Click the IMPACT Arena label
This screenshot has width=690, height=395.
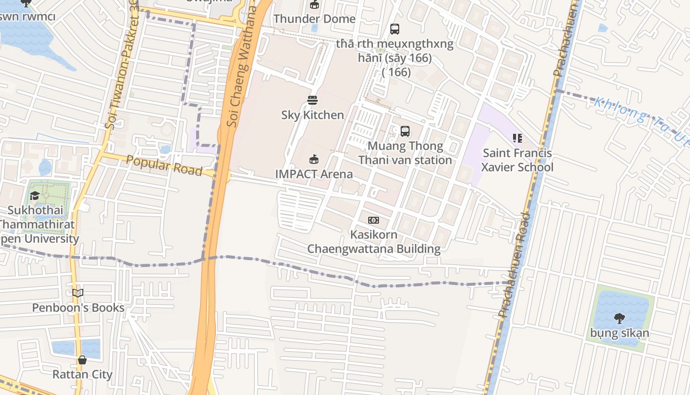(314, 174)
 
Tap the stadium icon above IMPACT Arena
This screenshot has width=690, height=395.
(314, 159)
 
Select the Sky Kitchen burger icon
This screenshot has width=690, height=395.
(312, 100)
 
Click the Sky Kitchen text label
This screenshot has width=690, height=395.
(312, 115)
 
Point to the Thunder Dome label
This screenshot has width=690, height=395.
(314, 19)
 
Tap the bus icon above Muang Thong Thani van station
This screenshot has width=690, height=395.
(405, 131)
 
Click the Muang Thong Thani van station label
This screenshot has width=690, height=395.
(405, 153)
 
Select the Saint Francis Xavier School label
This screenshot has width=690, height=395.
(517, 160)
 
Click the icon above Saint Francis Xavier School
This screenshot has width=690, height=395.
(517, 138)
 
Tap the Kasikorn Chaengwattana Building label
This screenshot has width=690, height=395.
(374, 241)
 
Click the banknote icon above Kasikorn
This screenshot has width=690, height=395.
(374, 220)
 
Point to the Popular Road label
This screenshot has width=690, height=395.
(164, 165)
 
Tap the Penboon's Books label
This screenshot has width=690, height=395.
(78, 308)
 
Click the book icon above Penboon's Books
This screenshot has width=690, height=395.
(78, 293)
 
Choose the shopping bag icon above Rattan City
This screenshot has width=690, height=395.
(82, 360)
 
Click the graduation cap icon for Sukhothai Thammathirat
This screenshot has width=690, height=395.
(34, 196)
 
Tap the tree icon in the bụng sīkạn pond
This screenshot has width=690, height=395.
(620, 318)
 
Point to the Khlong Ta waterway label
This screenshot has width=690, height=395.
(641, 118)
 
